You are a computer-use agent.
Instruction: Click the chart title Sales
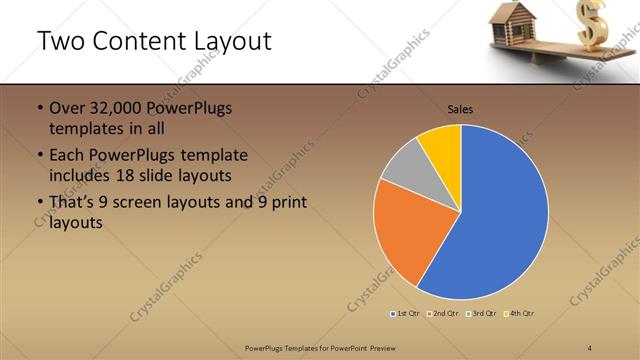[x=460, y=109]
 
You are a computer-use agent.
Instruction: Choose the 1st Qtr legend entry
[x=405, y=314]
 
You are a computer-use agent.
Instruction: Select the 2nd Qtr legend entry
[x=443, y=314]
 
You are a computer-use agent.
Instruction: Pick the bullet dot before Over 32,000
[x=39, y=108]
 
